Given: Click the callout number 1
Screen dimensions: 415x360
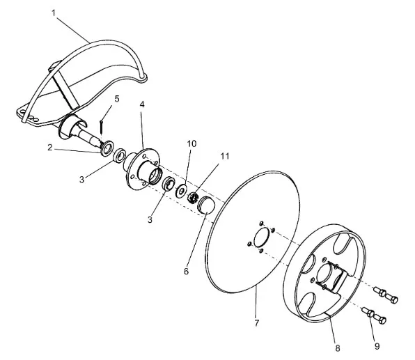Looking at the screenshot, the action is pyautogui.click(x=54, y=13).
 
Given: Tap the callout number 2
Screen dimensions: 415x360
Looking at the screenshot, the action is pyautogui.click(x=50, y=148).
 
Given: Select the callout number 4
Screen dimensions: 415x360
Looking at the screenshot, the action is pyautogui.click(x=142, y=104).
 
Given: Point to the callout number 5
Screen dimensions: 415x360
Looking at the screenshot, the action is pyautogui.click(x=117, y=99).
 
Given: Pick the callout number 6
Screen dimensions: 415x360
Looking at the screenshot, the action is pyautogui.click(x=187, y=271).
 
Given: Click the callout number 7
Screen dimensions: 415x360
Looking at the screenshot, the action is pyautogui.click(x=256, y=323).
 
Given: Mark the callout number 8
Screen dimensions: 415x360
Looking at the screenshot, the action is pyautogui.click(x=338, y=348).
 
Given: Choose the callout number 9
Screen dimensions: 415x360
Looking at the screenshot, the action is pyautogui.click(x=377, y=346).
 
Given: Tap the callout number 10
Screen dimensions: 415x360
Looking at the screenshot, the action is pyautogui.click(x=192, y=143).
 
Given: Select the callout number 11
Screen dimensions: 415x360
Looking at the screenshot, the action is pyautogui.click(x=225, y=156).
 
